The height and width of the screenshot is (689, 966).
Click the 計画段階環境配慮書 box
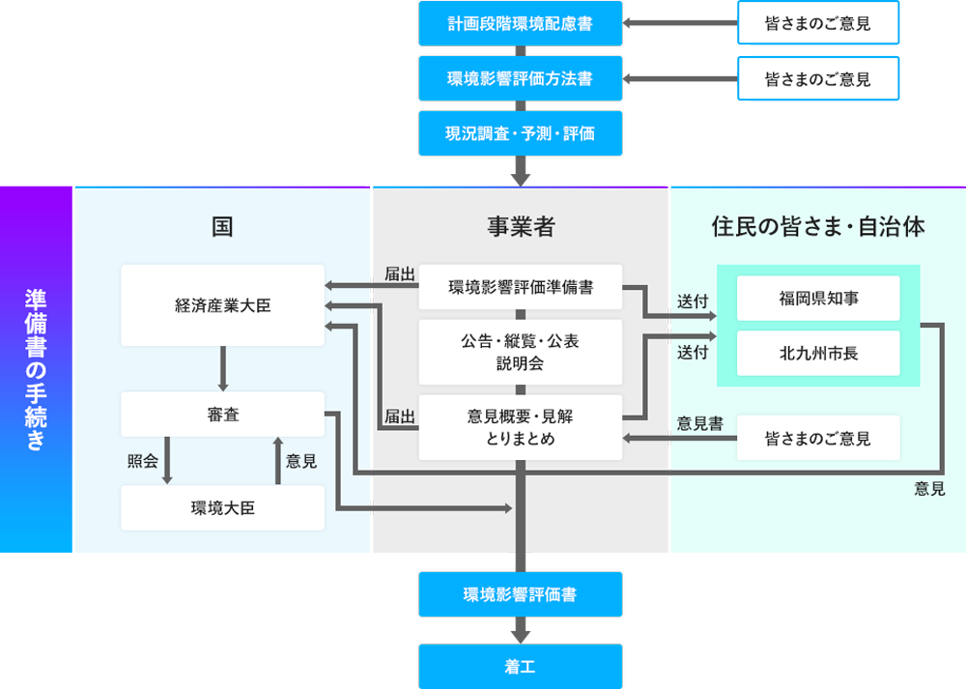[520, 24]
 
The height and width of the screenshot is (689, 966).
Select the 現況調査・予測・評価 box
[520, 134]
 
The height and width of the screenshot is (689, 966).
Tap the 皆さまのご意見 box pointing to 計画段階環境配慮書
[817, 24]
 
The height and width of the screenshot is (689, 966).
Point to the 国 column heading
[222, 227]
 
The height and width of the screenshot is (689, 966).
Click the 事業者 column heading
[520, 227]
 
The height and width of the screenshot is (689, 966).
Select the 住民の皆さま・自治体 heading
[817, 227]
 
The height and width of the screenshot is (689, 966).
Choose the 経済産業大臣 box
[222, 305]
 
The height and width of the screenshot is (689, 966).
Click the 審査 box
[222, 415]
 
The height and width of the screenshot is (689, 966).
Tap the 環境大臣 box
[222, 508]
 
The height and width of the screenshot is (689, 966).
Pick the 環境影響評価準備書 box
[520, 287]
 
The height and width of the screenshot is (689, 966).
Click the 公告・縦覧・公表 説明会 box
[520, 353]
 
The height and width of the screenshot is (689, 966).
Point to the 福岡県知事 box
[817, 299]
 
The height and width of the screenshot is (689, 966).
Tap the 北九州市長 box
[817, 354]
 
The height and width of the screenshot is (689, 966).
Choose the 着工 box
[520, 667]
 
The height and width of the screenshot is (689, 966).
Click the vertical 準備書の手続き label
[36, 369]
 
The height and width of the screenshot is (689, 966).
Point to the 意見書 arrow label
[699, 423]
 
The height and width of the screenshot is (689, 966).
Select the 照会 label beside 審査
[142, 462]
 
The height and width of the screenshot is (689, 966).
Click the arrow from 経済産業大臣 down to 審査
[222, 368]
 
